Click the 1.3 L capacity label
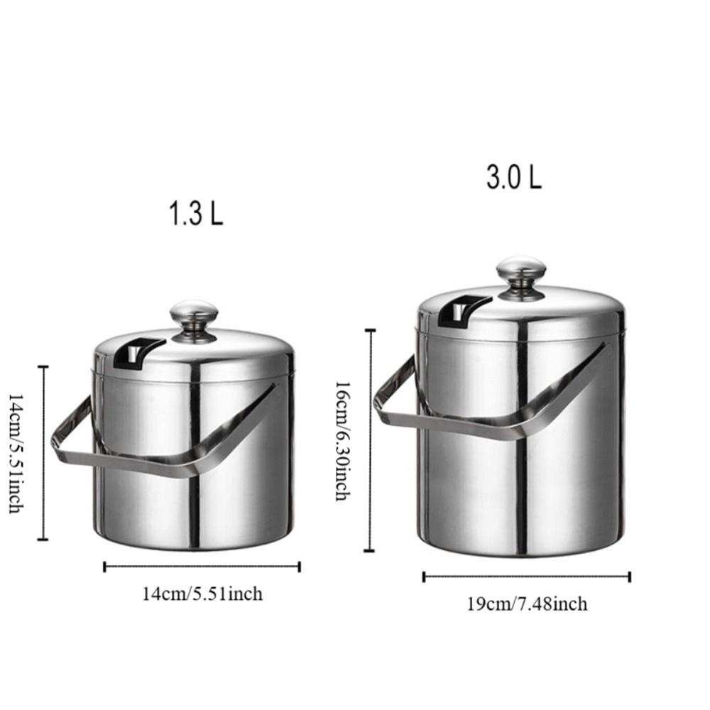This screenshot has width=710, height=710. coord(195,214)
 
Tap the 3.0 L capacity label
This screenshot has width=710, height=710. coord(513,177)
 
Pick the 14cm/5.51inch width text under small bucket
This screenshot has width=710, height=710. coord(202,594)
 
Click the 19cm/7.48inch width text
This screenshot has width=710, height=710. coord(527,604)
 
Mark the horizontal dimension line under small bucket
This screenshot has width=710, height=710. coord(202,567)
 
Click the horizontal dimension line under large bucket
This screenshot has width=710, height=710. coord(526,577)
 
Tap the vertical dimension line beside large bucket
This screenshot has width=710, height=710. coord(369,440)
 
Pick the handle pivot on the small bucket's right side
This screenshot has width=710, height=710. coord(275,388)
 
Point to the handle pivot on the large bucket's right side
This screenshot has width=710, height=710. coord(605,347)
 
